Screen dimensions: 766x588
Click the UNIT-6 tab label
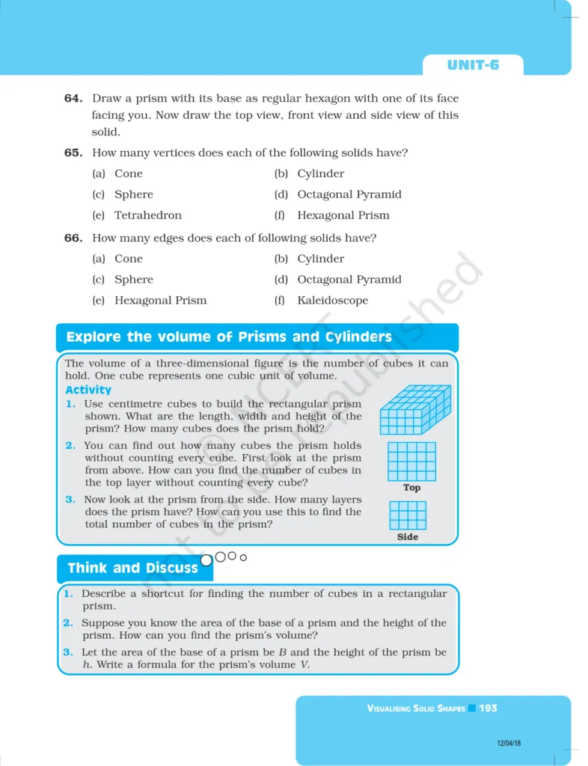coord(473,65)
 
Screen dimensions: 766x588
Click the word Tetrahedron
coord(147,215)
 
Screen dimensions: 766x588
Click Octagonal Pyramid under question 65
coord(349,194)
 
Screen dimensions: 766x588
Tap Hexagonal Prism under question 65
coord(343,215)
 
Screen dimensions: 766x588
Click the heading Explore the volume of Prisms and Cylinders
coord(229,337)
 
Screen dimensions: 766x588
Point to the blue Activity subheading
coord(88,390)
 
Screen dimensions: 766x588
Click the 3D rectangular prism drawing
coord(415,410)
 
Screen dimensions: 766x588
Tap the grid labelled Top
coord(411,461)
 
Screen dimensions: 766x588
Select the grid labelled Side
coord(408,515)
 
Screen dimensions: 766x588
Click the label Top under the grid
coord(411,488)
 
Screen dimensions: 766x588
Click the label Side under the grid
coord(408,537)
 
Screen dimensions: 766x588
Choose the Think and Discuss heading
coord(132,568)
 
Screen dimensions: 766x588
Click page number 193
coord(489,708)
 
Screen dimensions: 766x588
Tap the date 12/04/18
coord(509,744)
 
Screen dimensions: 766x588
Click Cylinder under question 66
coord(320,259)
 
